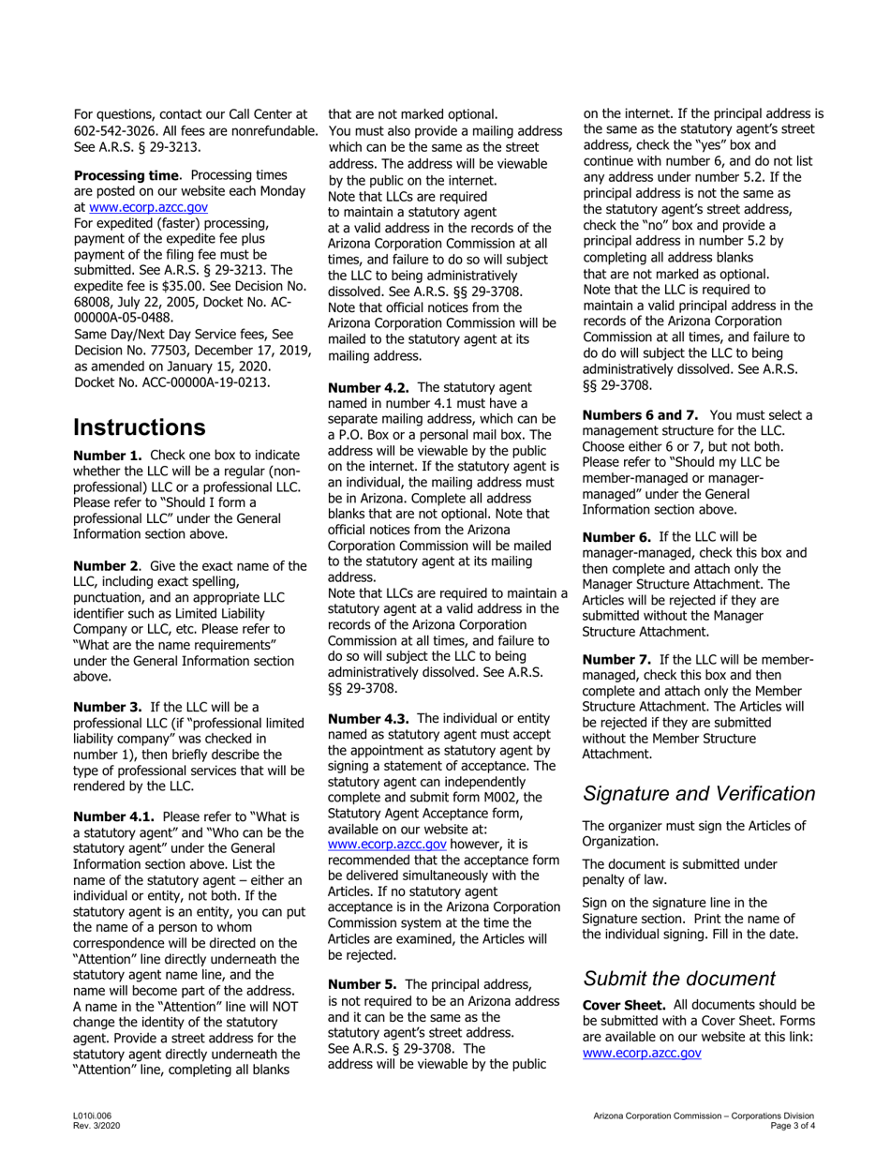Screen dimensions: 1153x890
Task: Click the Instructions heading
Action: click(x=140, y=427)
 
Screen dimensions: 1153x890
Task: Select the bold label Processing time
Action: click(x=126, y=175)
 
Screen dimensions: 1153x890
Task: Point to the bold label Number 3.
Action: click(x=107, y=706)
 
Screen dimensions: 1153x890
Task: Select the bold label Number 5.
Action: click(x=362, y=984)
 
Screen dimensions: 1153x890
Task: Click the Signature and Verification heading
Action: click(x=699, y=793)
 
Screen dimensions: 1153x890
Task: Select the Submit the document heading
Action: click(x=679, y=979)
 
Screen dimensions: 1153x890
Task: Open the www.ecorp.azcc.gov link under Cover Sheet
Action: click(x=642, y=1053)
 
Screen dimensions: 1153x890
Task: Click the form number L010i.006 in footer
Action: click(x=92, y=1116)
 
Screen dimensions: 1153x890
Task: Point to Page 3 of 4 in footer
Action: click(x=791, y=1126)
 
